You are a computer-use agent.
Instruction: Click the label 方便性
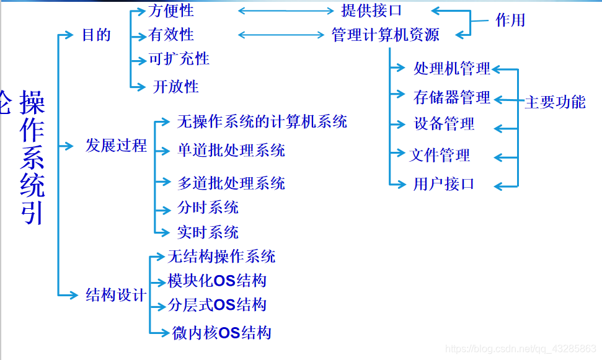pos(172,11)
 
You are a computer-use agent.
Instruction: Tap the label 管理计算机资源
pos(385,35)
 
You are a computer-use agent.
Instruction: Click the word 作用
pos(510,20)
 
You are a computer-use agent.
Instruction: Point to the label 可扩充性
pos(179,59)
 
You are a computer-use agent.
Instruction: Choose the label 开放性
pos(176,86)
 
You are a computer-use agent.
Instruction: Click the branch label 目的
pos(96,35)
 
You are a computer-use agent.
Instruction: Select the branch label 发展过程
pos(116,146)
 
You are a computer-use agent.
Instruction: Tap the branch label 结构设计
pos(116,294)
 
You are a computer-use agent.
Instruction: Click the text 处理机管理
pos(452,69)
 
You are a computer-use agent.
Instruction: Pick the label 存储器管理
pos(452,97)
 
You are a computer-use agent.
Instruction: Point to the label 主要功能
pos(555,102)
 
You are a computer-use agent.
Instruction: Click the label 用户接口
pos(443,184)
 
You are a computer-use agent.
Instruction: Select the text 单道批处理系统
pos(231,150)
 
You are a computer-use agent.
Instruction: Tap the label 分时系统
pos(208,208)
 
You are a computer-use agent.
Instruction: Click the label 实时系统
pos(208,232)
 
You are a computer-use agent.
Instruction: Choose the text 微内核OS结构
pos(222,333)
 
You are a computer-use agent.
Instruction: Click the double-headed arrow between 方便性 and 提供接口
pos(286,11)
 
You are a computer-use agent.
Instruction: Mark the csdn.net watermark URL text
pos(521,350)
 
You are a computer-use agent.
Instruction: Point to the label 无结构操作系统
pos(221,256)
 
